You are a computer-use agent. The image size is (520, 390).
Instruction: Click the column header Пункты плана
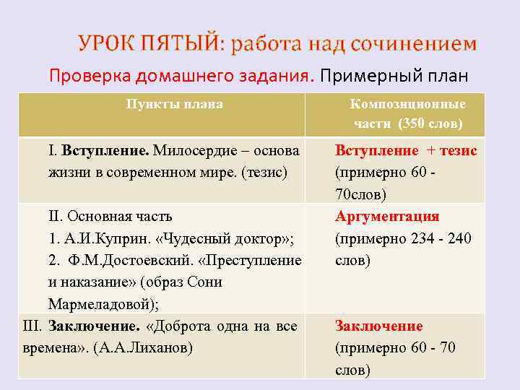(x=174, y=104)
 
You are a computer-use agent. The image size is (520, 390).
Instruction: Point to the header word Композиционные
(x=408, y=104)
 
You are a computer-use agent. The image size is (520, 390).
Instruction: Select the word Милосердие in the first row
(x=194, y=151)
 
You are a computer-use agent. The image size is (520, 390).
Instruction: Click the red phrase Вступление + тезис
(x=406, y=151)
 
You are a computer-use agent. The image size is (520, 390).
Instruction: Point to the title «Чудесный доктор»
(x=229, y=238)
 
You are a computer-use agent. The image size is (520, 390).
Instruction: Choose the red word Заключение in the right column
(x=378, y=326)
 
